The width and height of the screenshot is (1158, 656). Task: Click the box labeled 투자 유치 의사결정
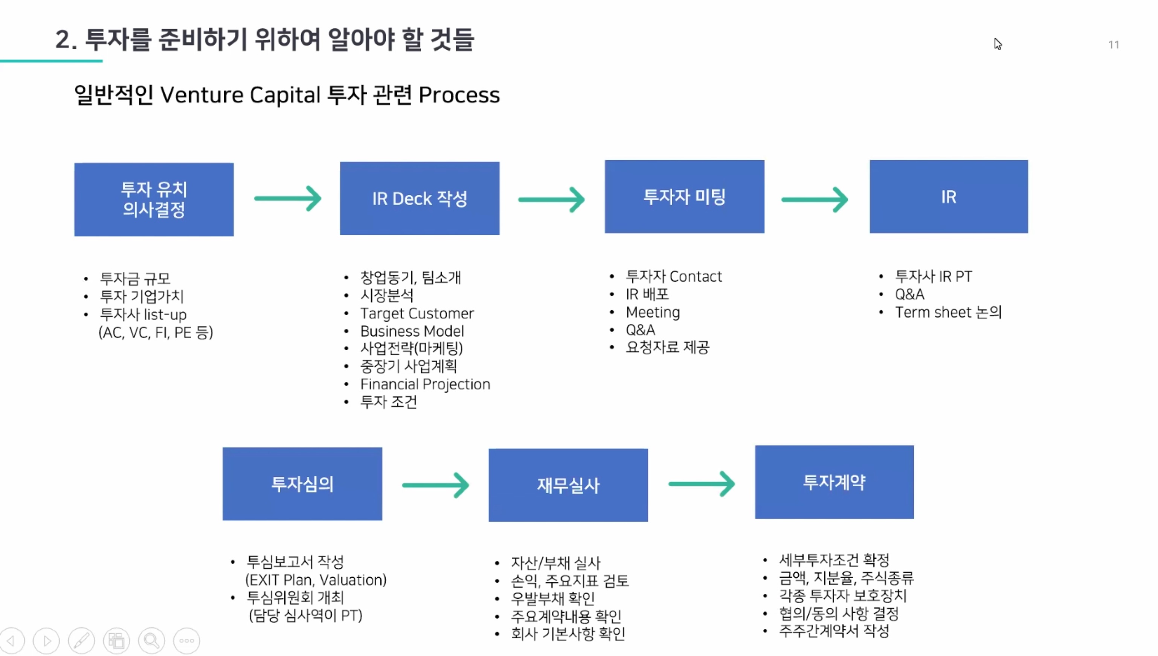point(154,199)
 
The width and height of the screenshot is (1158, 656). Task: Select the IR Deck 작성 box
point(420,198)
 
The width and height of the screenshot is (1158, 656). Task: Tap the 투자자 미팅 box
point(684,197)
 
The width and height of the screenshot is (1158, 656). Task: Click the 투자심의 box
point(302,484)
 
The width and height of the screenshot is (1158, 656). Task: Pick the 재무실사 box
point(568,485)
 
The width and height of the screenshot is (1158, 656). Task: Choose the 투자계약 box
point(834,482)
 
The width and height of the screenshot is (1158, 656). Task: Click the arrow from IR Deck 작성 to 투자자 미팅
point(551,199)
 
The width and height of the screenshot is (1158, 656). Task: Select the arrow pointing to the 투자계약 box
point(701,484)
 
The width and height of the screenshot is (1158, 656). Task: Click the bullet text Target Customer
point(417,313)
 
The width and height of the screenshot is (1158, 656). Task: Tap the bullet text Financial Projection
point(425,384)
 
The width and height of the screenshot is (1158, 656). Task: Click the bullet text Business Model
point(412,331)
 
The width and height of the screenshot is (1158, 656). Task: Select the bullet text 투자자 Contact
point(673,276)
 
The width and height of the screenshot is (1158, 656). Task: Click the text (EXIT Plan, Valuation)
point(316,580)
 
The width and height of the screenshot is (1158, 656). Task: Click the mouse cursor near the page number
point(997,44)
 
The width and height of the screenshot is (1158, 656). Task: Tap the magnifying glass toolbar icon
point(151,640)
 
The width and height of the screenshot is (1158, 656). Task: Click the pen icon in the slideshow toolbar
point(81,640)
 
